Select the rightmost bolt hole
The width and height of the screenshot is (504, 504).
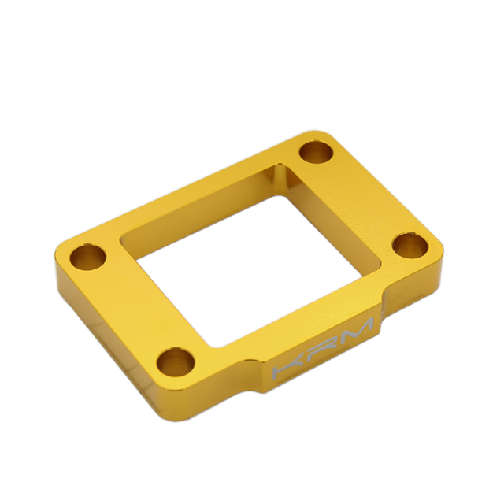click(409, 246)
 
